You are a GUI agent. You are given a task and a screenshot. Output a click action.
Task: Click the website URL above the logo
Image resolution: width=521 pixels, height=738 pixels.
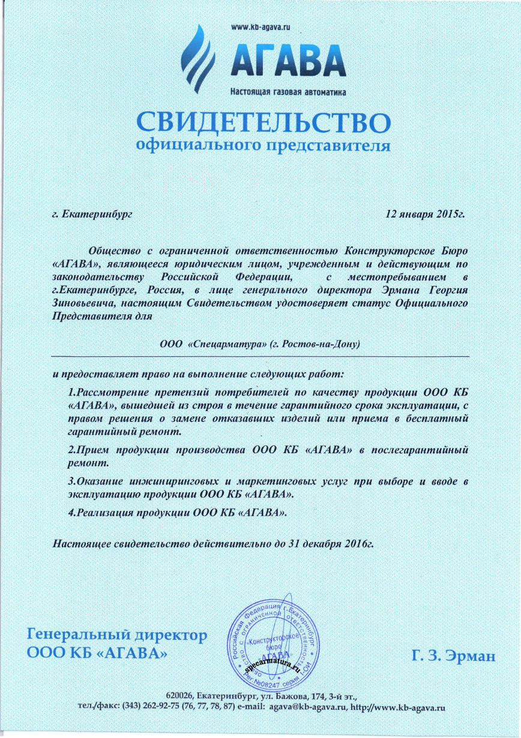point(260,27)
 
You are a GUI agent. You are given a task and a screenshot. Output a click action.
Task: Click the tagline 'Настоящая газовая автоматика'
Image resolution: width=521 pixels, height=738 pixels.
point(288,92)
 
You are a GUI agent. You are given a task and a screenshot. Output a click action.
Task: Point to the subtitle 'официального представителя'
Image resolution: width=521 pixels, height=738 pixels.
point(263,145)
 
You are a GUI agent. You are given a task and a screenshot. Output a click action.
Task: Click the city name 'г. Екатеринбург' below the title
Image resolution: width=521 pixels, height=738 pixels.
point(92,213)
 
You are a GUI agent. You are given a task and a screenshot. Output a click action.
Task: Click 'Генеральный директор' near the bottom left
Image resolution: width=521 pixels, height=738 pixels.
point(118,635)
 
